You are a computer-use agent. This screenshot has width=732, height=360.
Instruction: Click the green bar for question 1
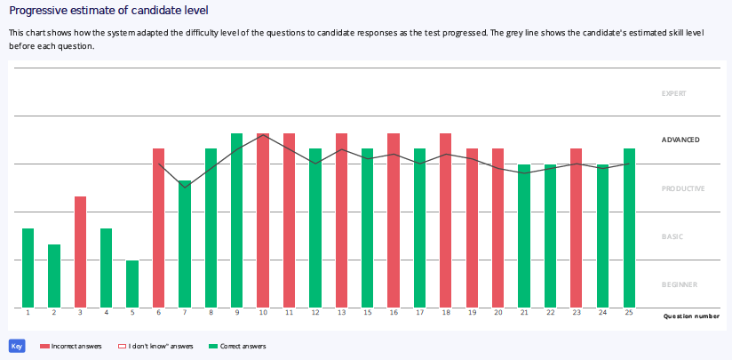coord(28,268)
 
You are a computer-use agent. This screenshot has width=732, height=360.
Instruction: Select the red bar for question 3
coord(80,252)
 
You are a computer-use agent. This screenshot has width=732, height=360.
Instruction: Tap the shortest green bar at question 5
coord(132,284)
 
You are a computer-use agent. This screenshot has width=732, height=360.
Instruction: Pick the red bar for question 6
coord(158,228)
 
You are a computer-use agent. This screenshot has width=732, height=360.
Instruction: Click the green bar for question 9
coord(237,220)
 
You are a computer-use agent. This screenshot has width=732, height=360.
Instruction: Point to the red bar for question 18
coord(445,220)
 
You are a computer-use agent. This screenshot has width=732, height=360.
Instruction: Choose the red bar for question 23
coord(576,228)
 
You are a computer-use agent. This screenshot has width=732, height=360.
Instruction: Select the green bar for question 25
coord(629,228)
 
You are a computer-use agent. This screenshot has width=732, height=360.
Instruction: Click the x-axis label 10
coord(263,313)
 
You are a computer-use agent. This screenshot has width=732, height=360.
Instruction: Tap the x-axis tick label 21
coord(524,313)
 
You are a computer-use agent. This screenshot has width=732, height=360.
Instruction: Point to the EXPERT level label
coord(674,93)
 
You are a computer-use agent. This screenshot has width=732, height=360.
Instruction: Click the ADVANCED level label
coord(680,140)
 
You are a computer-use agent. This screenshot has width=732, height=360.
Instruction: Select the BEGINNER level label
coord(680,284)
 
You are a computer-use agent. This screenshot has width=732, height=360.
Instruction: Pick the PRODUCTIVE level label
coord(683,188)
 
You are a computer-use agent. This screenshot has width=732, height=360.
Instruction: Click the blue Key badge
coord(17,346)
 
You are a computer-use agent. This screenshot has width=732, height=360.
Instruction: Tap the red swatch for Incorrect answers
coord(44,346)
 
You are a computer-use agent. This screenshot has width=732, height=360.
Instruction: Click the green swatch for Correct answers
coord(212,346)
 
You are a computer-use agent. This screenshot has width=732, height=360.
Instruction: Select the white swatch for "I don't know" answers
coord(123,346)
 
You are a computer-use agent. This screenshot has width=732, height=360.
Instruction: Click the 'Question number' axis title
coord(691,316)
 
